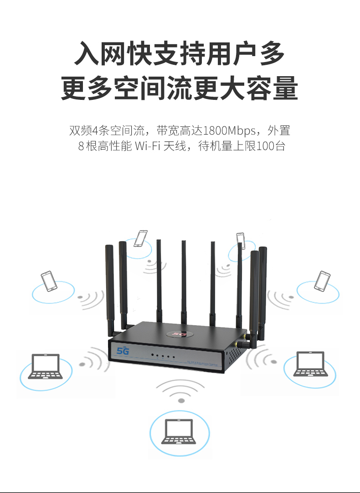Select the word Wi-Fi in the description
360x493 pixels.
148,147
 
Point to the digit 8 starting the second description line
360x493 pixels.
81,147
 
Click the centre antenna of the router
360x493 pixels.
184,280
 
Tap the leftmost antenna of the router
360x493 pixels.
109,287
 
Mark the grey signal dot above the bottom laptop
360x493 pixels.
181,400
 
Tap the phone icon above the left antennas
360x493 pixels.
141,238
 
